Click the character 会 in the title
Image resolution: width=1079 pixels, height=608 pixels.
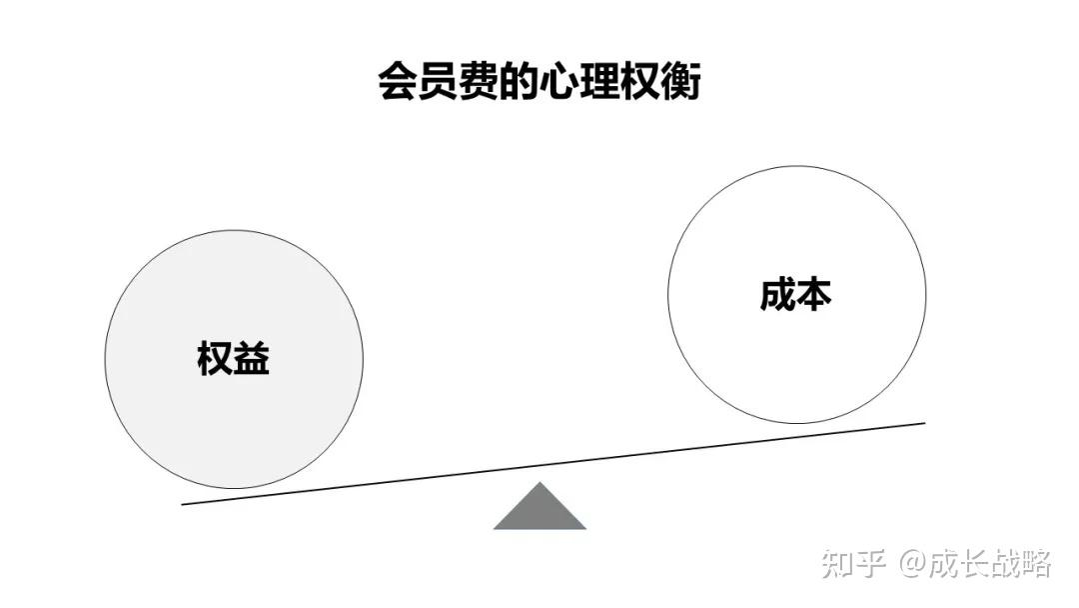397,81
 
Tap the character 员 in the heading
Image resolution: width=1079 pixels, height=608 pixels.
437,81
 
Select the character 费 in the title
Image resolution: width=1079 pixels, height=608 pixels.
478,81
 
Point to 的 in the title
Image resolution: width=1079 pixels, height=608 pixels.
518,81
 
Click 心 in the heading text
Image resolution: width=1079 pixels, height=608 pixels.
558,81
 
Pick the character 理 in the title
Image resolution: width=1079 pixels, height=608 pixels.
599,81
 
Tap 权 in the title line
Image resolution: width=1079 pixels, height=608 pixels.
640,81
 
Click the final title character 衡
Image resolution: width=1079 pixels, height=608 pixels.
681,81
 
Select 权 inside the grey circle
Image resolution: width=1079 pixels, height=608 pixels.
215,358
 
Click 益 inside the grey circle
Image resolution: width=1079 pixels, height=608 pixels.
252,358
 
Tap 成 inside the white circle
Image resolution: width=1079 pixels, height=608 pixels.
777,295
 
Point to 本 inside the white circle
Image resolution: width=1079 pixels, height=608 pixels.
814,295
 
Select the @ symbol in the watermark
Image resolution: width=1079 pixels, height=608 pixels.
913,565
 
